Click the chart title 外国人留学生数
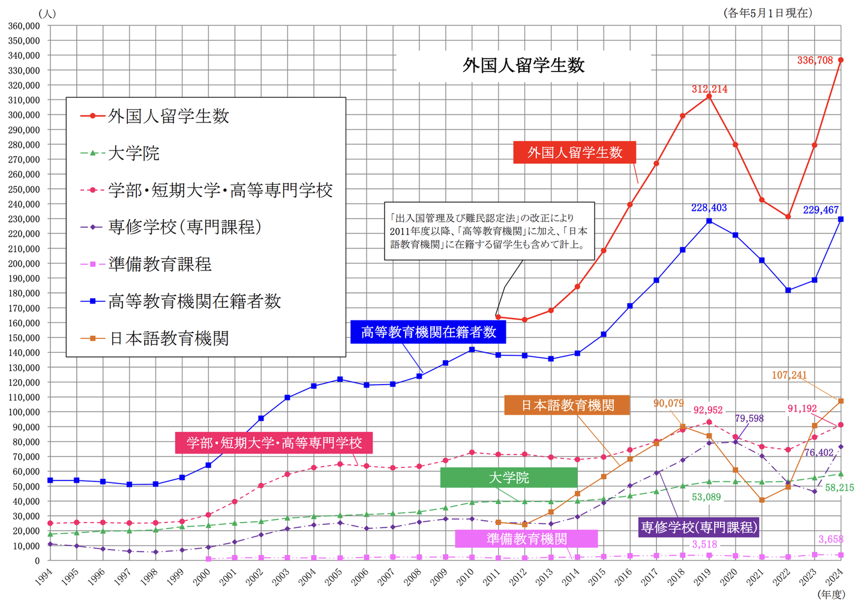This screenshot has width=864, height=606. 523,65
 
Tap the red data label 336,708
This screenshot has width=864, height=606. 815,60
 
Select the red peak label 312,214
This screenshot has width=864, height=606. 709,89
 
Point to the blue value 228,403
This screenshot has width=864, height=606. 709,208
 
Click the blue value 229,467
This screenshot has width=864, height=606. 821,210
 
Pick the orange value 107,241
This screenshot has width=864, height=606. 789,375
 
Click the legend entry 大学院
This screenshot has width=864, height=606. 133,154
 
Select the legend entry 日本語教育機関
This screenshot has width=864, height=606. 169,339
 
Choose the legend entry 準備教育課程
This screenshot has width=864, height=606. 160,265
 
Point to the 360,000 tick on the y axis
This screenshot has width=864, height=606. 24,26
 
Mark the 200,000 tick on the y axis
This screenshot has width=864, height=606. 24,263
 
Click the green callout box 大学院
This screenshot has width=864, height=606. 509,478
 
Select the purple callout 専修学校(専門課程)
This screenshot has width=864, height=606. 699,527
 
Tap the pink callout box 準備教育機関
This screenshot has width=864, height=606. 526,539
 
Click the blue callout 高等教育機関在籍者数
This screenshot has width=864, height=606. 428,332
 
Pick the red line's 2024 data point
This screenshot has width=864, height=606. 841,60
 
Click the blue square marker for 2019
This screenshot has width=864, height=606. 709,221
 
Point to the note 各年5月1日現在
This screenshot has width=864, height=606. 768,13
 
